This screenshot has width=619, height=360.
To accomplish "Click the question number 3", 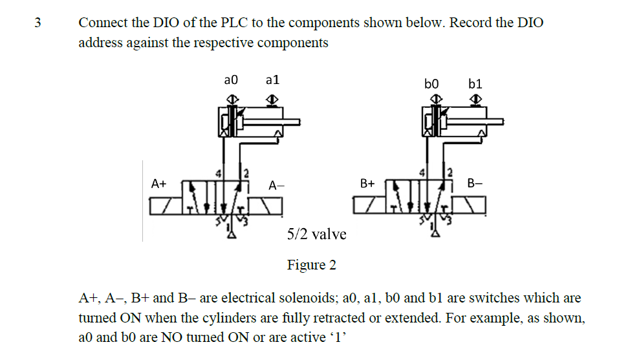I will [x=37, y=23].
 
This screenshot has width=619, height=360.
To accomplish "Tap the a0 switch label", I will [x=231, y=79].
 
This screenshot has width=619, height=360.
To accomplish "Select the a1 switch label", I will [x=272, y=79].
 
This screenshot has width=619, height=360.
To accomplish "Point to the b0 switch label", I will [x=431, y=83].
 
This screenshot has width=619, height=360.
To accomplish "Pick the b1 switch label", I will [x=475, y=83].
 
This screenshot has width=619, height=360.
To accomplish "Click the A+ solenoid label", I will [x=158, y=184].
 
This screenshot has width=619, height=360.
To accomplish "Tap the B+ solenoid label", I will [x=367, y=184].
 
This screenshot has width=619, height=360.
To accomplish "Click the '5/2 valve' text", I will [x=316, y=234].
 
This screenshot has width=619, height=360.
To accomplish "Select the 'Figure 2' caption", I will [x=312, y=265].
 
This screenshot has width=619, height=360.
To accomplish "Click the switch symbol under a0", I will [x=232, y=98].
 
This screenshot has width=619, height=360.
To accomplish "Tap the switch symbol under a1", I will [x=273, y=98].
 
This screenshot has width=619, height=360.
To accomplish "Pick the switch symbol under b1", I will [x=477, y=98].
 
